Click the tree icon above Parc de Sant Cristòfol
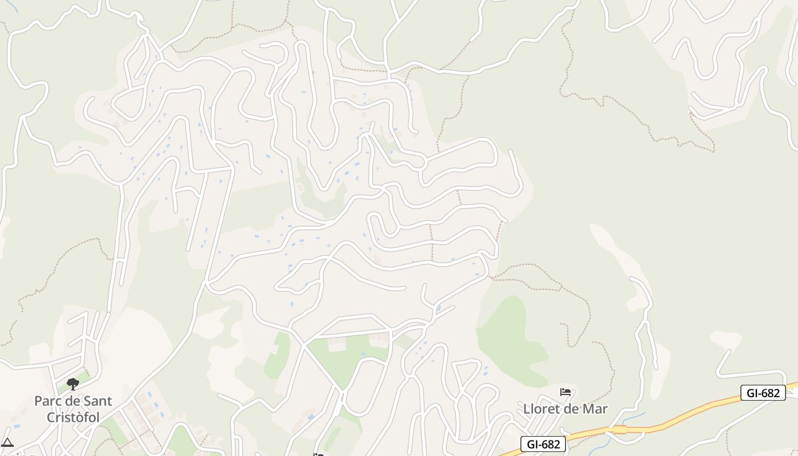tap(73, 384)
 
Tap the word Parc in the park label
tap(47, 401)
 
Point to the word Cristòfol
tap(73, 417)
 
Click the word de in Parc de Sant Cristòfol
tap(72, 401)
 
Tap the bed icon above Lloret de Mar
tap(565, 392)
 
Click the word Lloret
tap(543, 409)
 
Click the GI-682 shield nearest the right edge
tap(763, 393)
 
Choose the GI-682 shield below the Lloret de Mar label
tap(543, 444)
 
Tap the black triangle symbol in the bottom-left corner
tap(7, 442)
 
